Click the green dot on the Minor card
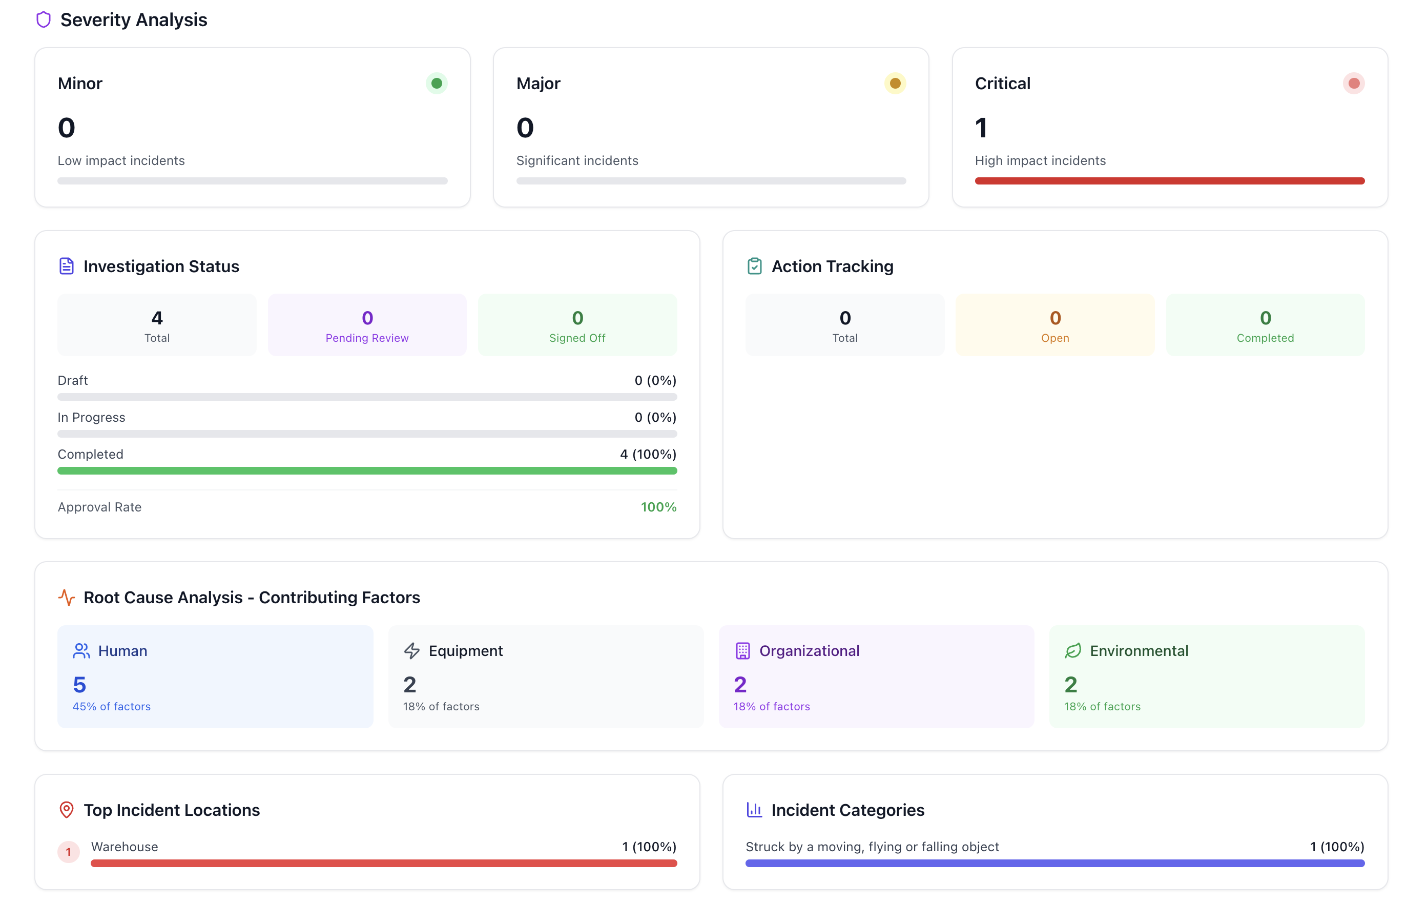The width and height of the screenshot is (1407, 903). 436,83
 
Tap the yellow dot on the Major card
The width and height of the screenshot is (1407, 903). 895,83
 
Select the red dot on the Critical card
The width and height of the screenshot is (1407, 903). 1353,83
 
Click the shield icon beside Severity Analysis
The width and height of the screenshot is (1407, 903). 44,20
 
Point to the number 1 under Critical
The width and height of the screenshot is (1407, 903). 981,128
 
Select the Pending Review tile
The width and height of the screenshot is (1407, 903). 367,325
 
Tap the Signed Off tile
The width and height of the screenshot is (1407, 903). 577,325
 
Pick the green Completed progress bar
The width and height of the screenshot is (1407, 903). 367,470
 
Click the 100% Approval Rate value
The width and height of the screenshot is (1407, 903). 658,507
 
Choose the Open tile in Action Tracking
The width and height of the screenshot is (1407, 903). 1054,325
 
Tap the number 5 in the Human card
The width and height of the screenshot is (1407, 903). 80,684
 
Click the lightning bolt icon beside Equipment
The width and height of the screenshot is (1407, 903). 411,651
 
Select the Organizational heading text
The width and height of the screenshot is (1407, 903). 809,651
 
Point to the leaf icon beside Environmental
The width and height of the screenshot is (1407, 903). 1072,651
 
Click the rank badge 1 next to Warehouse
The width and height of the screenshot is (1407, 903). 68,851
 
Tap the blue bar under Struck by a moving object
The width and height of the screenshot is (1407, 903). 1054,863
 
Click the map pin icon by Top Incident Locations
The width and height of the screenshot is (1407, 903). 67,810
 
